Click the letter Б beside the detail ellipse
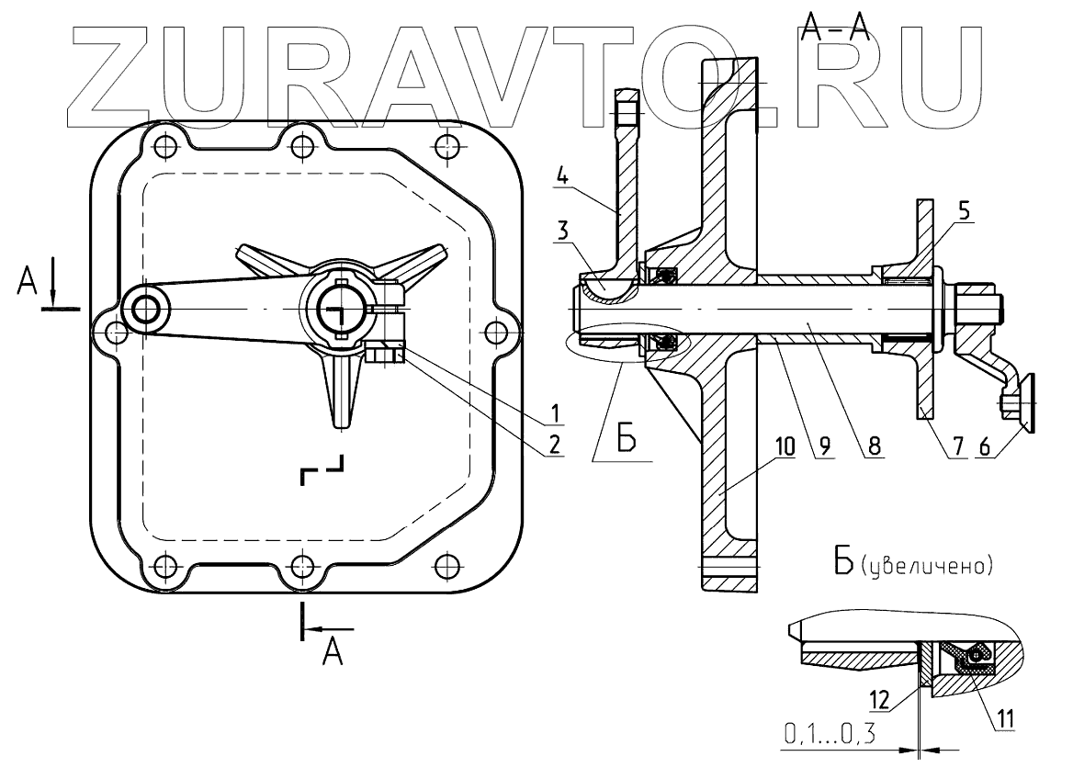[627, 440]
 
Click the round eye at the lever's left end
[144, 310]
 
